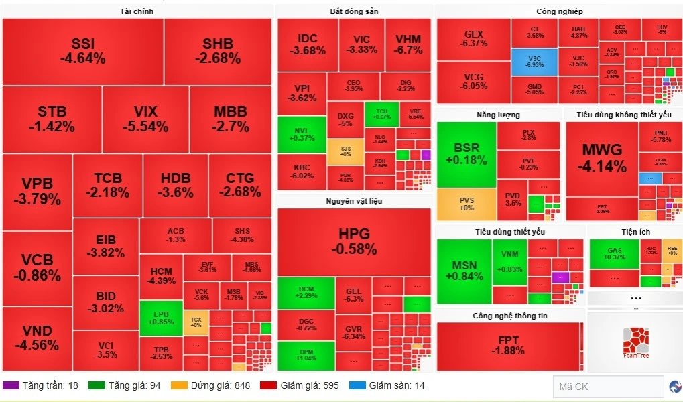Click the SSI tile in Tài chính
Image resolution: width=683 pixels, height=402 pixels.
coord(82,51)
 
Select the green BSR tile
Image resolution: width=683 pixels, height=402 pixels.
coord(467,154)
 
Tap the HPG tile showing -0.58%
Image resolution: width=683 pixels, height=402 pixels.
coord(354,241)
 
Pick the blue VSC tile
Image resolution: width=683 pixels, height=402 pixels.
coord(534,62)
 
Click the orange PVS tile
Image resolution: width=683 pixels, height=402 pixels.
coord(467,204)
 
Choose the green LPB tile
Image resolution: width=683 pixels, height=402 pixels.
coord(161,318)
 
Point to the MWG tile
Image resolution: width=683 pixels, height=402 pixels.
coord(602,158)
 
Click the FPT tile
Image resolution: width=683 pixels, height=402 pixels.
coord(507,346)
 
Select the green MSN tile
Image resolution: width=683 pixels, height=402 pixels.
coord(464,271)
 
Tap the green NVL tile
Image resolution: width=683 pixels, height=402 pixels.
coord(302,134)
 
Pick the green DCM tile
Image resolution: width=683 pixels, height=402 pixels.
coord(306,292)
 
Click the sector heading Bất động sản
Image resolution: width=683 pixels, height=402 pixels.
coord(353,11)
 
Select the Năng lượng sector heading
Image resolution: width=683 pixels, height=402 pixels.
coord(498,115)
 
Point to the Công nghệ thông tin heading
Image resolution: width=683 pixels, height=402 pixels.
coord(509,316)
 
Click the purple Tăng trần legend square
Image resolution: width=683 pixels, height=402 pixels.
coord(11,385)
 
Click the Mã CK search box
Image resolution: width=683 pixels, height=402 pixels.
coord(608,387)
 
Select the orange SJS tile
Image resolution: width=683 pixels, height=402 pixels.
coord(346,151)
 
